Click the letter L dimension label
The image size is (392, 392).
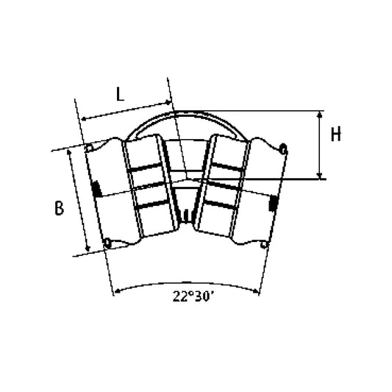click(121, 94)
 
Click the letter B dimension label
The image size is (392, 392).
click(60, 208)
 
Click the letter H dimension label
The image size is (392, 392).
click(336, 135)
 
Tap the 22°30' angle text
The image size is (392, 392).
click(192, 296)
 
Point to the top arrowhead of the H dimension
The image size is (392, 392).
click(319, 114)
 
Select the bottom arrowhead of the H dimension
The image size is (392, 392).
click(319, 176)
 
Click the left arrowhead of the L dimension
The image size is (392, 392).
click(85, 118)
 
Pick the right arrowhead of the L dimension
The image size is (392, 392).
click(168, 102)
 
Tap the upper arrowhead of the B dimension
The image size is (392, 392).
click(69, 153)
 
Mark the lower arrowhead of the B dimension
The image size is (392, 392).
click(88, 248)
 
